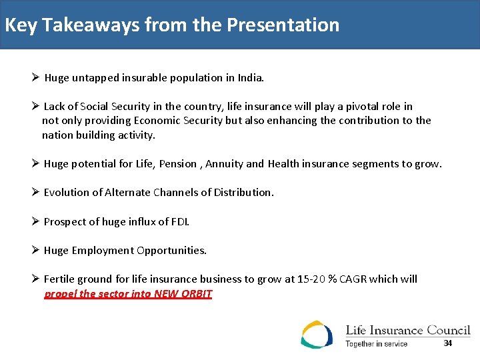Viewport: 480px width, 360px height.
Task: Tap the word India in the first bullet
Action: pos(251,78)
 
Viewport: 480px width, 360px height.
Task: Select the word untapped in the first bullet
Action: pos(93,78)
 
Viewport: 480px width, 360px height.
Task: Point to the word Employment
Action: pos(103,251)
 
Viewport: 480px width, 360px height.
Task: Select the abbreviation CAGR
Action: pos(353,279)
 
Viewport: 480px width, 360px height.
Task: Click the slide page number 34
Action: pos(447,343)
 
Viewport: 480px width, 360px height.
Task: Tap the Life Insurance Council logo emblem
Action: pos(316,334)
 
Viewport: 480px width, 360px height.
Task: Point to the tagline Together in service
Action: pos(376,344)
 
